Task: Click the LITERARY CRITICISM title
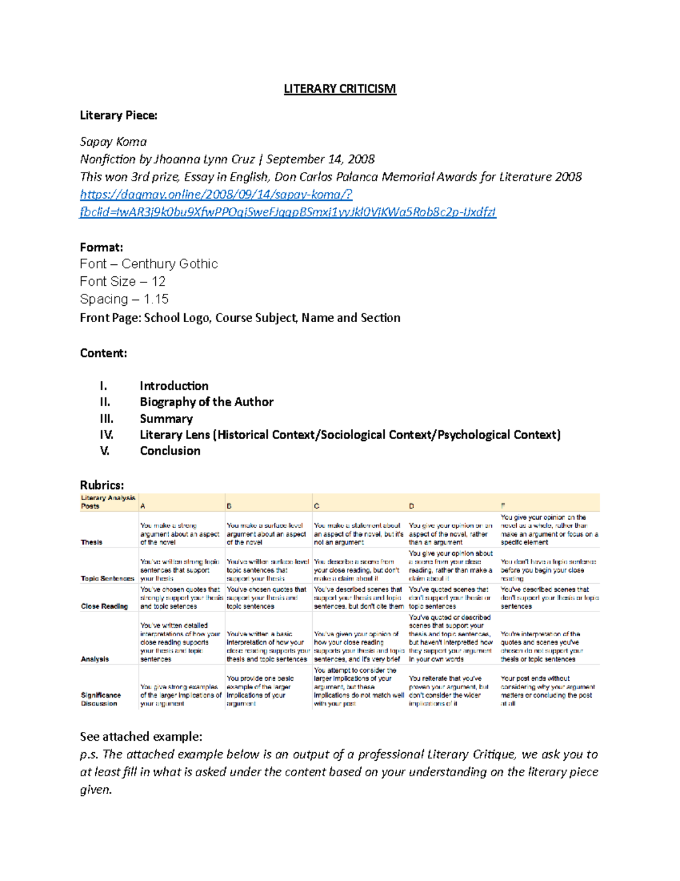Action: (339, 89)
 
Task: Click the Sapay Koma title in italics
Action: (113, 142)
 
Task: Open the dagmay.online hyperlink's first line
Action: (216, 195)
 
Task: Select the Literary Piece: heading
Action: (118, 116)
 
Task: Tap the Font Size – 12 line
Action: (122, 282)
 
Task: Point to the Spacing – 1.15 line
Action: (124, 300)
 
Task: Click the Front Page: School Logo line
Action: (240, 318)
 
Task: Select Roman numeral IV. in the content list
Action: (107, 435)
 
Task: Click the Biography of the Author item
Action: (206, 402)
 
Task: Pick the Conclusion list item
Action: (170, 451)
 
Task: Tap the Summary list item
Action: (166, 419)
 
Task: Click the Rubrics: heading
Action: (101, 485)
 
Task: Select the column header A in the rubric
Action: (143, 506)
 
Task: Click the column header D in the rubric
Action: (411, 506)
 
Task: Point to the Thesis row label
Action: (91, 542)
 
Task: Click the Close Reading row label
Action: (104, 606)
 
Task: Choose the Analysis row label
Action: (95, 659)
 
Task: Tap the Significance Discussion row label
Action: (100, 699)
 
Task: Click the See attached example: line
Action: (141, 737)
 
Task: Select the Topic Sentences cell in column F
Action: (547, 570)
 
